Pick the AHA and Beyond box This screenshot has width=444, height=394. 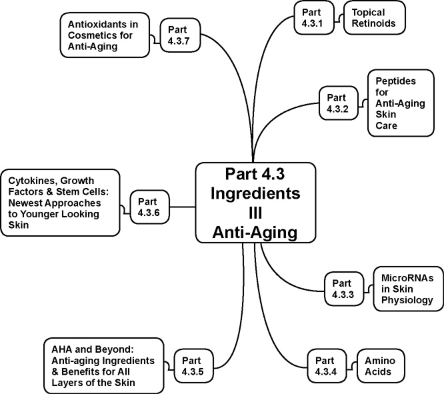[103, 365]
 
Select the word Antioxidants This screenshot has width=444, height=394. [97, 24]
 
